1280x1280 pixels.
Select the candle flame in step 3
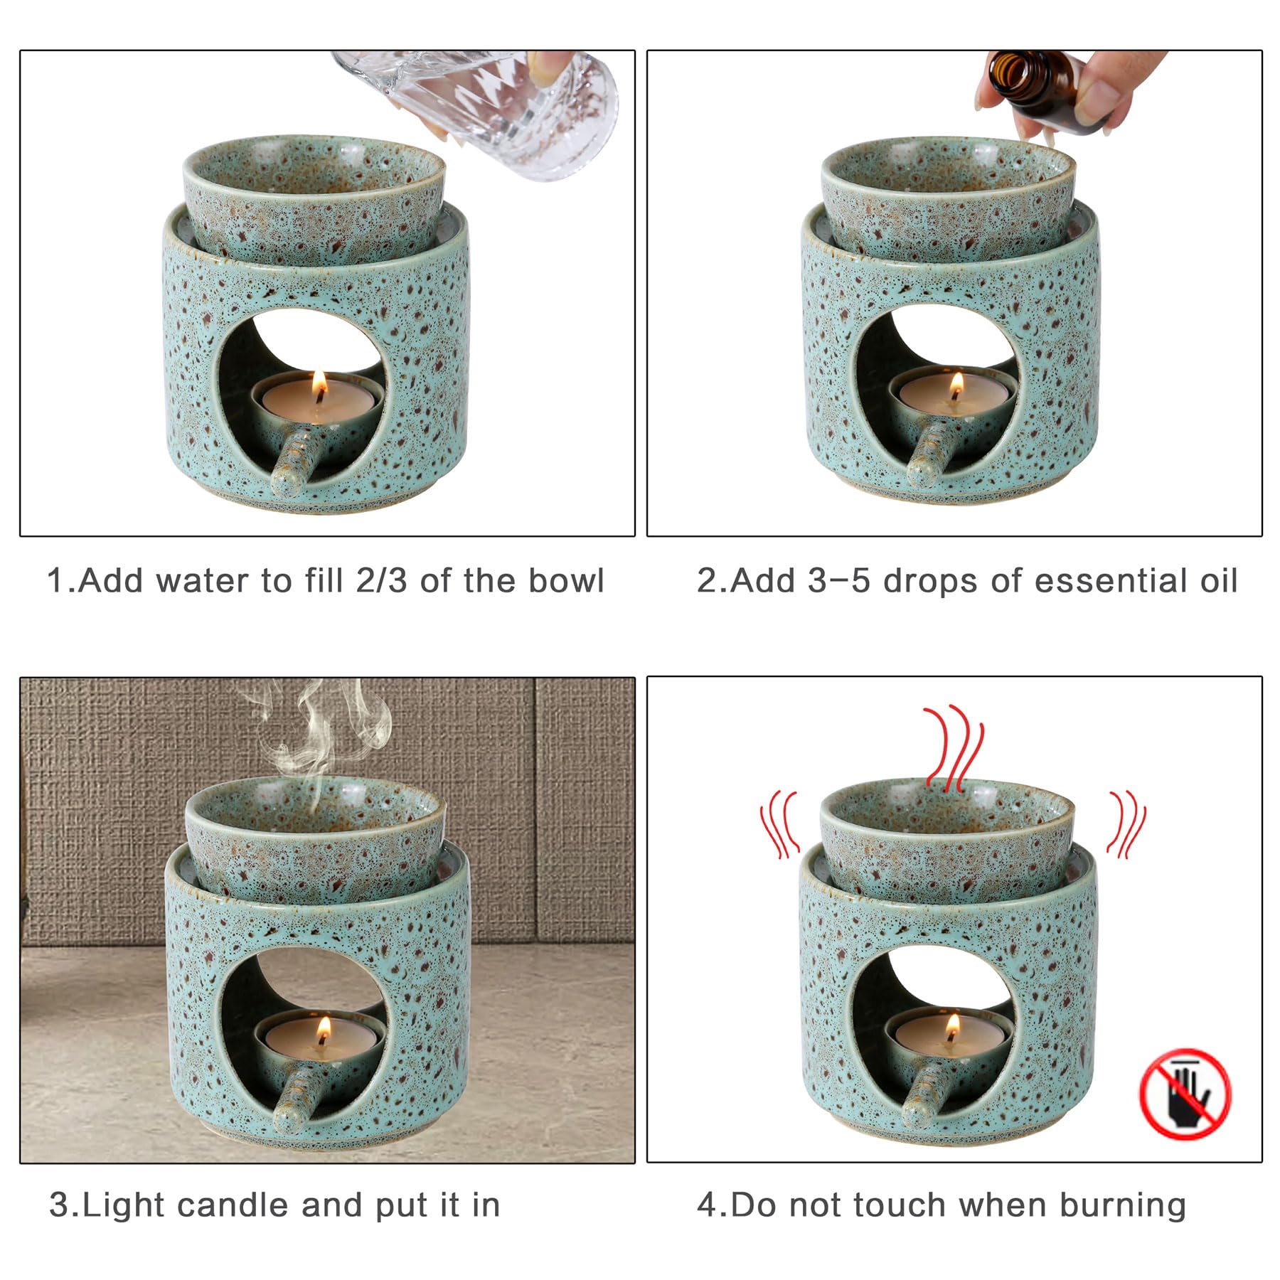tap(324, 1028)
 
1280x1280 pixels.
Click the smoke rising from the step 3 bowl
tap(320, 732)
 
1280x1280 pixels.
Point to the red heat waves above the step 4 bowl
tap(953, 747)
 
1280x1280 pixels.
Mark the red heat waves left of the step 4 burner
tap(781, 824)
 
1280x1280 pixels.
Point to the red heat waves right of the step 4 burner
tap(1126, 824)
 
